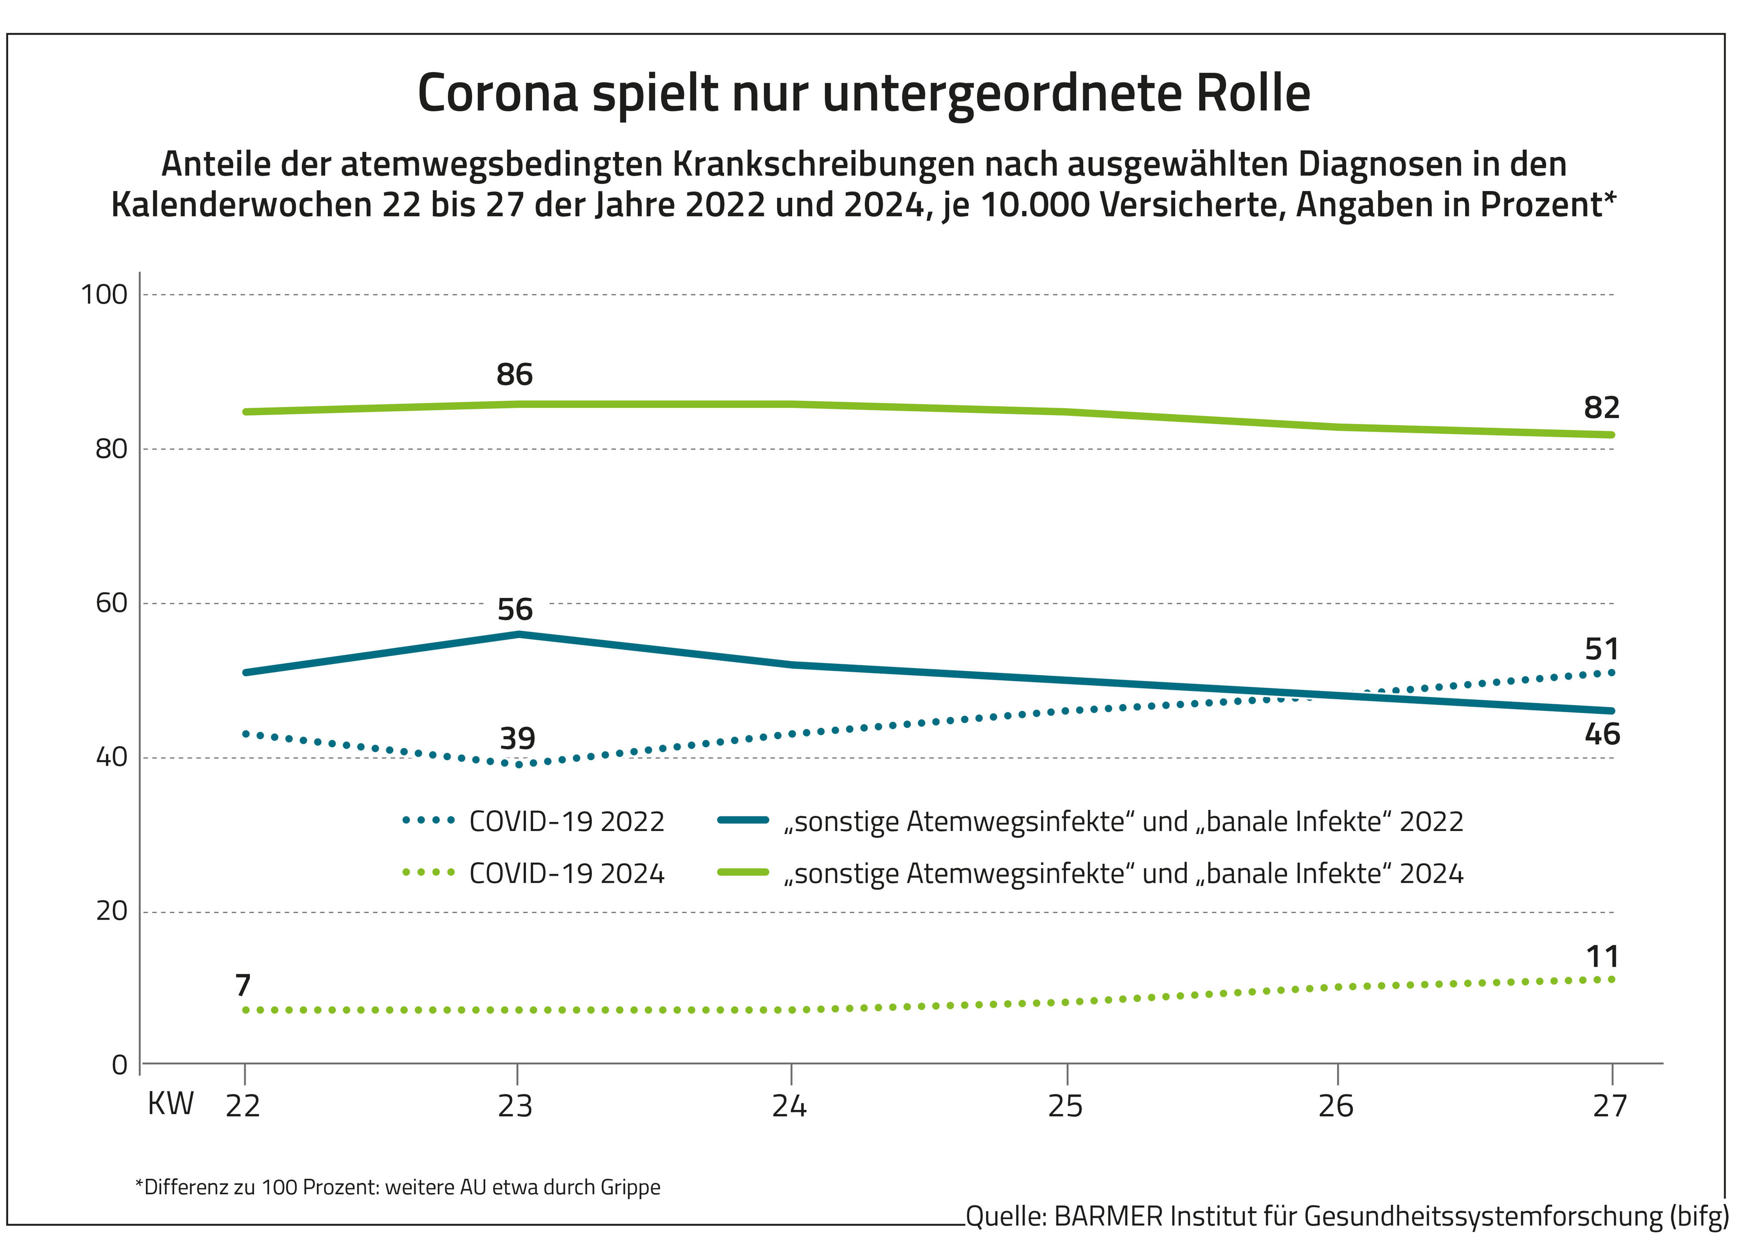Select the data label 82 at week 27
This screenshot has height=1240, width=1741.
point(1601,408)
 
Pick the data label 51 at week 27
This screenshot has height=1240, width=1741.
point(1601,650)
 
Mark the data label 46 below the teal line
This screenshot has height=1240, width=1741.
point(1601,734)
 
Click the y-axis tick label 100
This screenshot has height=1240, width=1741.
point(104,295)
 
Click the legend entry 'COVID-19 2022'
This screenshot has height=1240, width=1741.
point(566,821)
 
